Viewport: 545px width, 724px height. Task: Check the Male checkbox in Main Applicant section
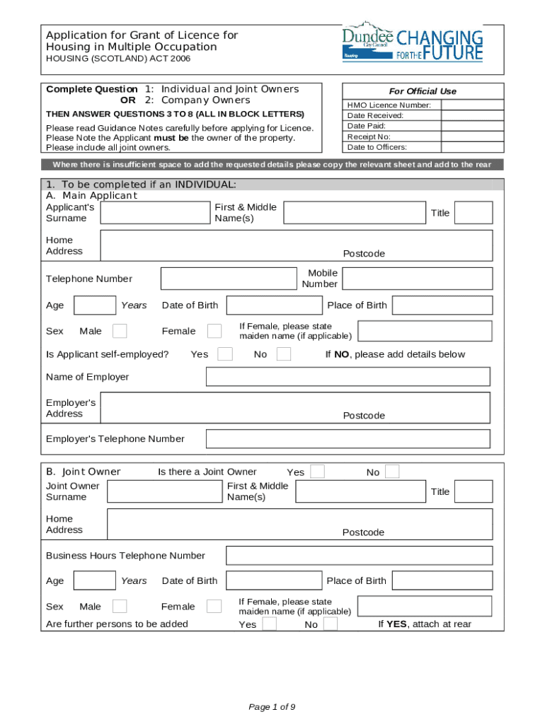tap(120, 331)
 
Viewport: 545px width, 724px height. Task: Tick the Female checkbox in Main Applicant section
tap(214, 331)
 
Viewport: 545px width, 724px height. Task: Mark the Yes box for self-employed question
tap(225, 354)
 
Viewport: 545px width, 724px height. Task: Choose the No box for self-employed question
tap(283, 354)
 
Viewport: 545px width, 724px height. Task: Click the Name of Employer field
tap(348, 377)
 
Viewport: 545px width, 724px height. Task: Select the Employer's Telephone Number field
tap(348, 439)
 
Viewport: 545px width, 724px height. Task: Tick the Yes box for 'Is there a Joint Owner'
tap(318, 472)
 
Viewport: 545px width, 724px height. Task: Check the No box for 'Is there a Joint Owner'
tap(391, 472)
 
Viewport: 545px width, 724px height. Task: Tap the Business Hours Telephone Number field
tap(359, 556)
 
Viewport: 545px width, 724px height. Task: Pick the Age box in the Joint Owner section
tap(95, 581)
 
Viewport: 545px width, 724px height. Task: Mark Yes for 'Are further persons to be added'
tap(269, 624)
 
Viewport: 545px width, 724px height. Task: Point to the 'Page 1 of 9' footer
tap(272, 707)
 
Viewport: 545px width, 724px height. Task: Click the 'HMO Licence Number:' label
tap(389, 105)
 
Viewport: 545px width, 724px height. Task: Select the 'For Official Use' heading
tap(423, 91)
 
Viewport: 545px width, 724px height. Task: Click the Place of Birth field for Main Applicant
tap(442, 305)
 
